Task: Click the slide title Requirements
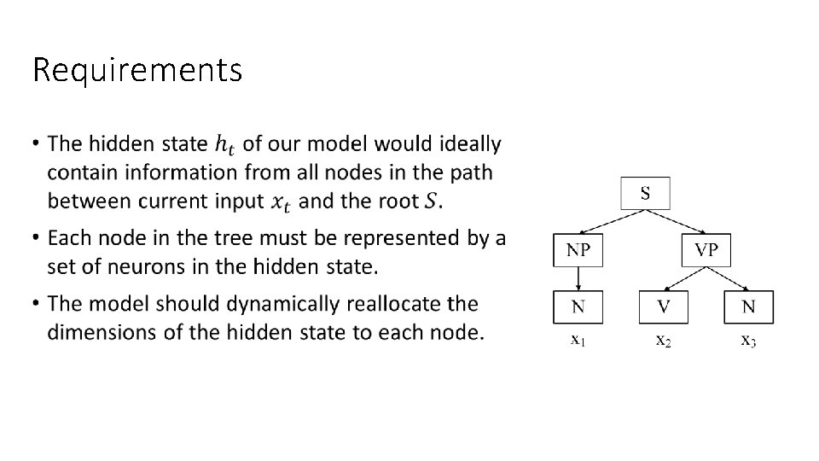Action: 136,70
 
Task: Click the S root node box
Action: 645,194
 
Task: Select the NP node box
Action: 578,250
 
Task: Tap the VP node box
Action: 706,250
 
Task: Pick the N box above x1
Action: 578,307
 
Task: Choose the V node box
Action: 663,307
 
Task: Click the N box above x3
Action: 748,307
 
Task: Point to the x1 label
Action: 578,341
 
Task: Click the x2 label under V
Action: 663,341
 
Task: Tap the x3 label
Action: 748,341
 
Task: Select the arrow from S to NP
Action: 607,221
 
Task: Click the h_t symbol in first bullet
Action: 224,145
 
